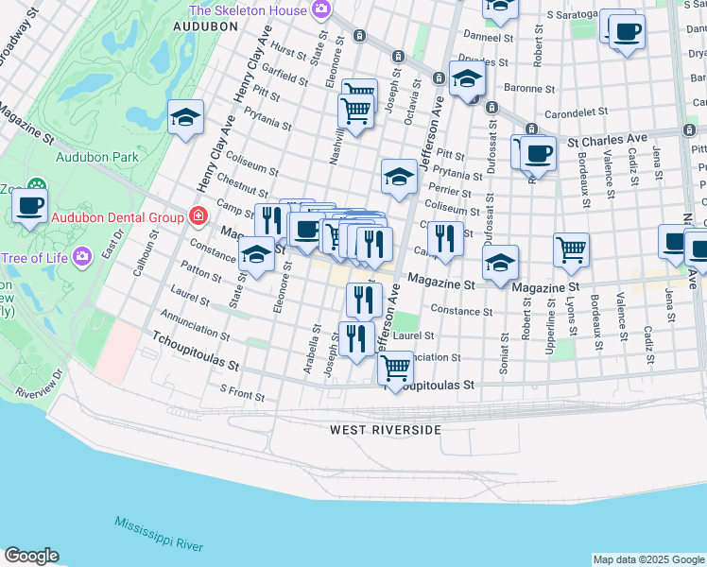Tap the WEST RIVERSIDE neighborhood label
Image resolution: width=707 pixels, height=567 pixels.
tap(385, 430)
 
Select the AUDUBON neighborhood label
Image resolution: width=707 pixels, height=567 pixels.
tap(205, 27)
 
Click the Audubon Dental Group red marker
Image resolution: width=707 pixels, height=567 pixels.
tap(198, 216)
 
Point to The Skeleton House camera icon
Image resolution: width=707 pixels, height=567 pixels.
tap(321, 9)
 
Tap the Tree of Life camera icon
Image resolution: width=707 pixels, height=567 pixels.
tap(82, 255)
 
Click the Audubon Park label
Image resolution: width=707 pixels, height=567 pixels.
tap(97, 158)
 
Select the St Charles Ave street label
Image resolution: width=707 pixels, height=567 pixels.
tap(607, 139)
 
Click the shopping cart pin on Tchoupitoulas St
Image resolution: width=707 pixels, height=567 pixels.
tap(396, 366)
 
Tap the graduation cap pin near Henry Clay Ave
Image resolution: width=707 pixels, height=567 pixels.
tap(186, 117)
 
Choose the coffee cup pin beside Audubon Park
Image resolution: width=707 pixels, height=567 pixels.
tap(29, 203)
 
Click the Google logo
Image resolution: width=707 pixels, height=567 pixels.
tap(31, 556)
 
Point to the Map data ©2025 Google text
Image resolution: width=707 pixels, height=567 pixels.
tap(648, 559)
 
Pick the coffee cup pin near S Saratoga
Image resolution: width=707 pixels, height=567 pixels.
tap(626, 32)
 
